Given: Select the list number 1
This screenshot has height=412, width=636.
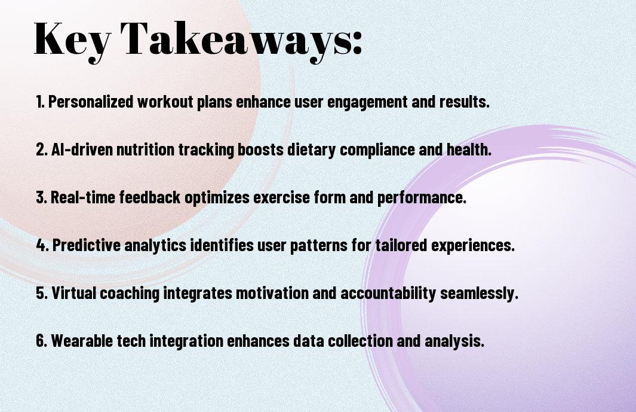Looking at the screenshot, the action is (40, 102).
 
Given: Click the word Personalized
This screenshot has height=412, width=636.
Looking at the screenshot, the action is (91, 102).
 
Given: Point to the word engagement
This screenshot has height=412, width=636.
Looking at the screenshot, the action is (367, 102).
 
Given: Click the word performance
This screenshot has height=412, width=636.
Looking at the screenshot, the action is (422, 198).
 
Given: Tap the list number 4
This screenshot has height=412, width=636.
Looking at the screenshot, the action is (42, 245).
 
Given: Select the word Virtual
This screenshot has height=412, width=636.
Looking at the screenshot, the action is (74, 293).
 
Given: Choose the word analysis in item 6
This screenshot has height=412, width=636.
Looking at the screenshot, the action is (454, 341).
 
